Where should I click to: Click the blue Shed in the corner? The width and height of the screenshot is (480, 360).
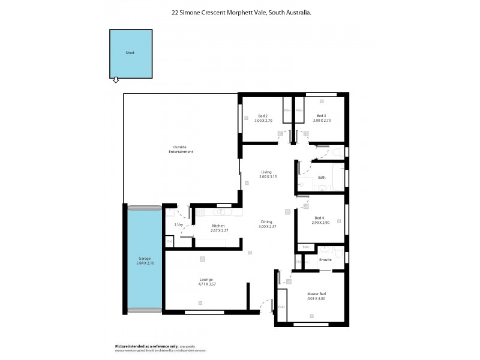(x=130, y=53)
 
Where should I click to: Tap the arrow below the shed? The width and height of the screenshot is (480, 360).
(x=116, y=80)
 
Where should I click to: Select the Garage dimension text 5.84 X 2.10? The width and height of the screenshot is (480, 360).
(x=143, y=262)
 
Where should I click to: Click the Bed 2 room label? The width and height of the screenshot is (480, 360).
(x=262, y=116)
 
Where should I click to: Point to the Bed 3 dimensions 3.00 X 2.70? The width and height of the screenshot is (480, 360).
(x=321, y=121)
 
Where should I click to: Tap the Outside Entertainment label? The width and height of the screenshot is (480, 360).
(x=180, y=149)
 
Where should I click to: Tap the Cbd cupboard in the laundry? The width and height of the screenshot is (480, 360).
(x=169, y=242)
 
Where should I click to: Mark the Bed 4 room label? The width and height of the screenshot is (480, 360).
(x=319, y=218)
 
